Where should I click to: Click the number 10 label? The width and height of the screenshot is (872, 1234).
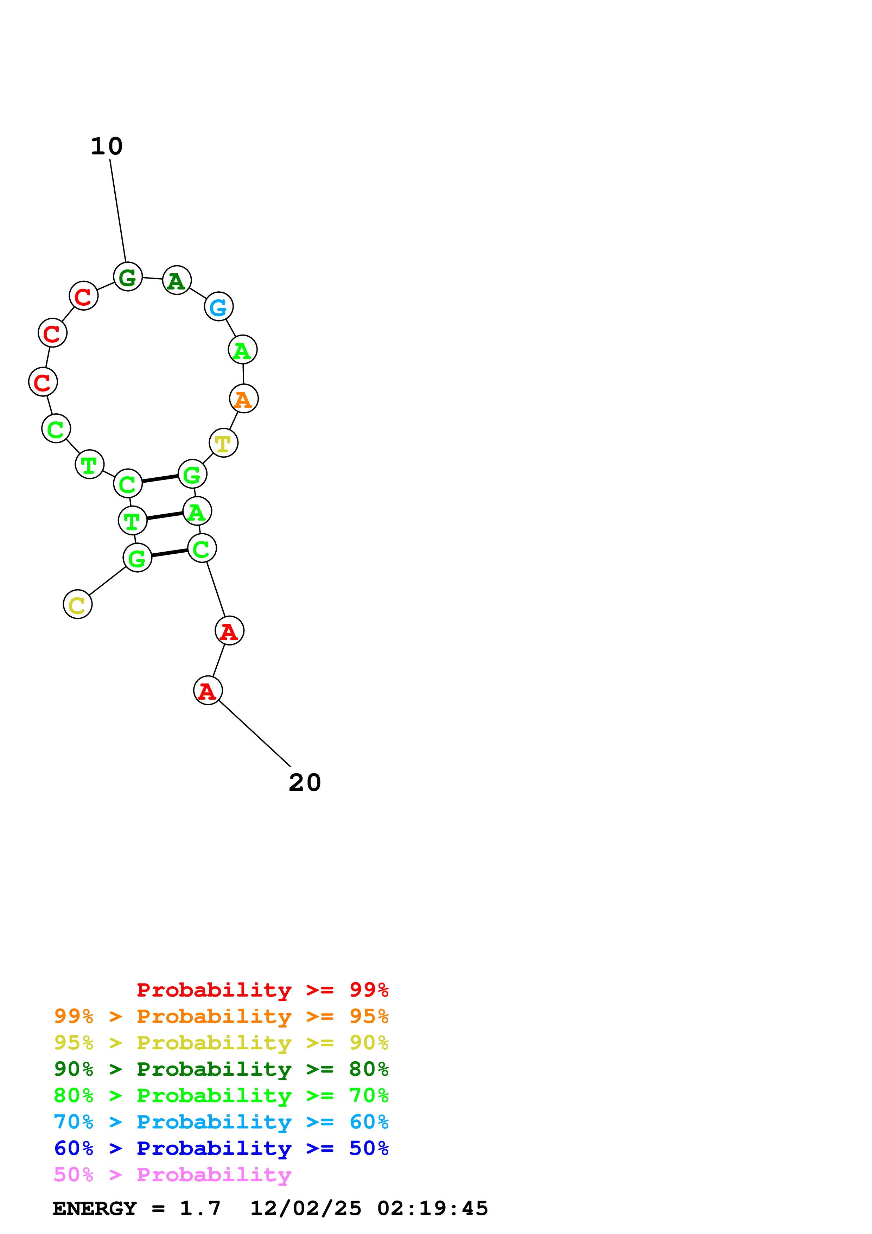pyautogui.click(x=106, y=146)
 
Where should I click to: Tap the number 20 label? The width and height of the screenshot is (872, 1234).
pyautogui.click(x=305, y=783)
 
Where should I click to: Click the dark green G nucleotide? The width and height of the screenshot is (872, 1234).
pyautogui.click(x=128, y=277)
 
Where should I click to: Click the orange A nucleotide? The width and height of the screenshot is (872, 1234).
pyautogui.click(x=244, y=399)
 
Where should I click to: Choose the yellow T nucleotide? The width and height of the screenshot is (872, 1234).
pyautogui.click(x=223, y=443)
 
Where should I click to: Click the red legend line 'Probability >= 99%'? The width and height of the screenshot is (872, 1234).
pyautogui.click(x=262, y=990)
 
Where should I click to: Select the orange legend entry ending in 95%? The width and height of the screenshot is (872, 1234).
pyautogui.click(x=221, y=1016)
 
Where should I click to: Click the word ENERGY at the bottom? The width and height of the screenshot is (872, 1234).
pyautogui.click(x=95, y=1209)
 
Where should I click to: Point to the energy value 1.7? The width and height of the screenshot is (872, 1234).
pyautogui.click(x=200, y=1209)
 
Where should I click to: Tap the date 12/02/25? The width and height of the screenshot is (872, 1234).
pyautogui.click(x=306, y=1209)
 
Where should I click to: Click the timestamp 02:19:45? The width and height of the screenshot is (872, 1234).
pyautogui.click(x=433, y=1209)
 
